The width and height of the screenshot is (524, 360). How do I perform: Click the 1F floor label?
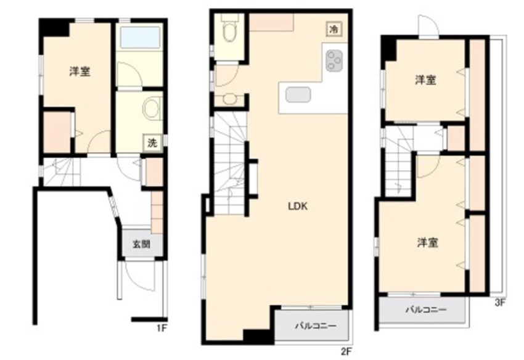[x=162, y=327]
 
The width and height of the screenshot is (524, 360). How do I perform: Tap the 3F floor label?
[x=499, y=303]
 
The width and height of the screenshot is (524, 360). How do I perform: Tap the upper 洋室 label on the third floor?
[x=426, y=80]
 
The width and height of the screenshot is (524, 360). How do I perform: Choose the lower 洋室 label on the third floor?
[x=426, y=243]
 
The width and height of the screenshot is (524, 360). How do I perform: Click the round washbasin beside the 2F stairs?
[x=230, y=98]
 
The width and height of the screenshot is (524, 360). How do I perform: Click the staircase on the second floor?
[x=229, y=163]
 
